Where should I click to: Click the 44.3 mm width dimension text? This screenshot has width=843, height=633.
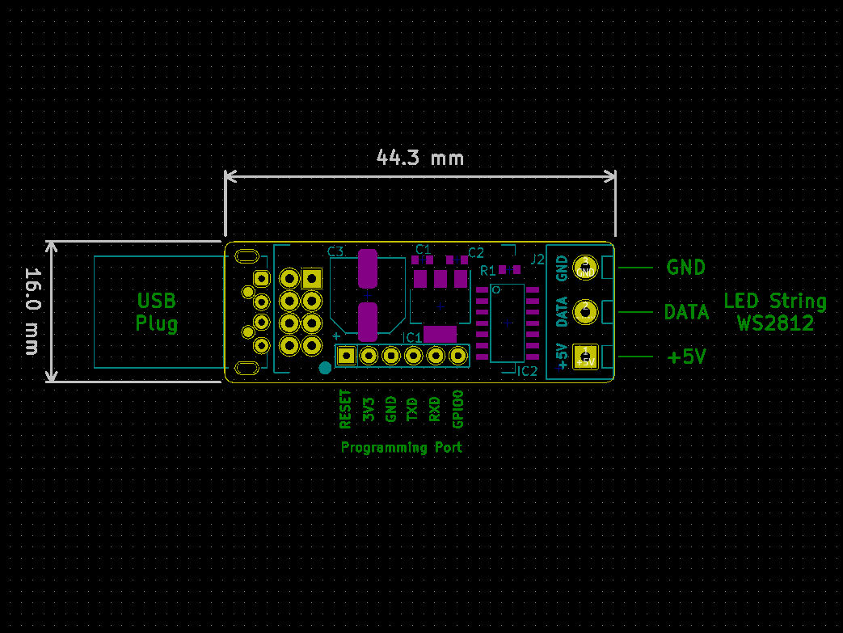coord(420,158)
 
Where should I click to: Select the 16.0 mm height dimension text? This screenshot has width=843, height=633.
coord(32,311)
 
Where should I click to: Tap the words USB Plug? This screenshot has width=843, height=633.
coord(157,312)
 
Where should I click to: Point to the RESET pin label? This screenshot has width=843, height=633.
coord(346,409)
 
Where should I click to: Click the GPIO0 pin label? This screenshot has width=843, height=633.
coord(458,409)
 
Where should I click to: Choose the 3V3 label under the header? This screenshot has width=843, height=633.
coord(369,409)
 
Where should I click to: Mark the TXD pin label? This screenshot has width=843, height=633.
coord(413,409)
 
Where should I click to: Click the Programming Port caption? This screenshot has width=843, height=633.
coord(402,447)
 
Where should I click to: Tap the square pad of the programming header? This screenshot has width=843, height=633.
coord(347,355)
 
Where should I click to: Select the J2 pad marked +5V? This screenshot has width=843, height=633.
coord(584,357)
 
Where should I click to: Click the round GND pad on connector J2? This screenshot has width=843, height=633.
coord(584,268)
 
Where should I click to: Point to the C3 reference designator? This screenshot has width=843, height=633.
coord(335,251)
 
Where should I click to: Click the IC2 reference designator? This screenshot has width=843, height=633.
coord(527,372)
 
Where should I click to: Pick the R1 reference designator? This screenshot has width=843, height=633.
coord(488,270)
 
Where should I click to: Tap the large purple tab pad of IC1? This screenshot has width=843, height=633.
coord(440,334)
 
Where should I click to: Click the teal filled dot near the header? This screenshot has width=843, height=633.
coord(325,369)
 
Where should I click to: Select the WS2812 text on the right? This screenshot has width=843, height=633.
coord(775,324)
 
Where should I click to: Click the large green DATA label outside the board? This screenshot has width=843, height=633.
coord(686,312)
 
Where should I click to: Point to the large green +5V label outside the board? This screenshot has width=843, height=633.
coord(686,357)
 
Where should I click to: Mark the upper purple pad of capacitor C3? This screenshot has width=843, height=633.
coord(368,268)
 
